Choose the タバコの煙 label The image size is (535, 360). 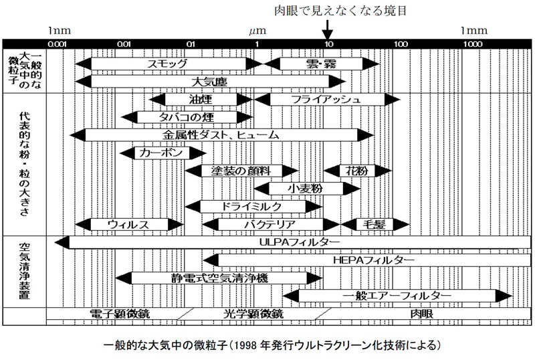point(186,117)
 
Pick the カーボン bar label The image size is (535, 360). point(161,153)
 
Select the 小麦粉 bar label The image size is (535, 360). point(305,189)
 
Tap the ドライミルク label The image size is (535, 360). point(253,206)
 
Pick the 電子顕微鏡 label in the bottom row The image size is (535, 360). point(119,313)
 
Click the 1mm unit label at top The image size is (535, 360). point(475,30)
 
